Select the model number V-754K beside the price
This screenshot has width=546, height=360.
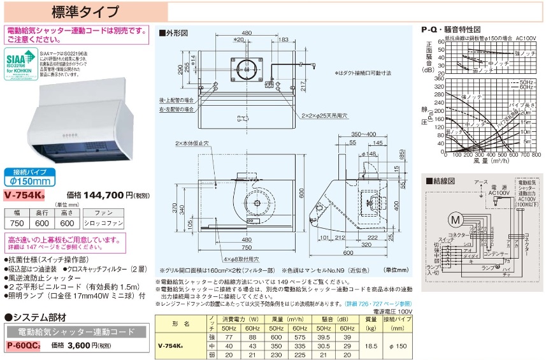(x=25, y=196)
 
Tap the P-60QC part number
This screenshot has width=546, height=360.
(x=24, y=345)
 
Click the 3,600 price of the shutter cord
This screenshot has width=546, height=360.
(x=78, y=345)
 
